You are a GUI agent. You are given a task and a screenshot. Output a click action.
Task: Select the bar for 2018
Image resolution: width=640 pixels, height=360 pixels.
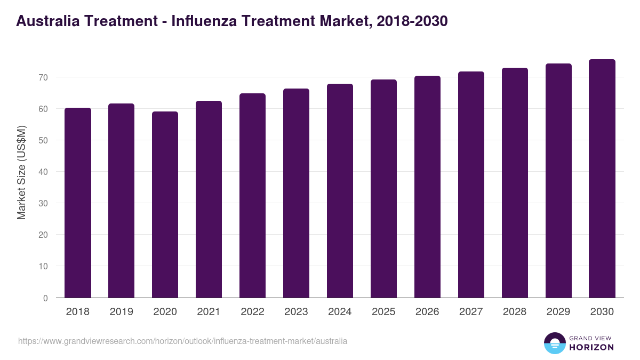[x=78, y=203]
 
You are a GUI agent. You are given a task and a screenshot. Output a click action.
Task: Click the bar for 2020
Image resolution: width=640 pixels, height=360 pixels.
[x=165, y=205]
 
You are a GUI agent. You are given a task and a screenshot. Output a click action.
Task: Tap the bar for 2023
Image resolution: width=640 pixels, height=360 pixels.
[x=297, y=193]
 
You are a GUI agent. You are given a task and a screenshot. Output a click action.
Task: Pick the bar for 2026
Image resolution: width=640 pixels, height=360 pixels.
[x=428, y=187]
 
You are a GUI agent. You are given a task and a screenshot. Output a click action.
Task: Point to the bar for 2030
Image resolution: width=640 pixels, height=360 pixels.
[x=602, y=179]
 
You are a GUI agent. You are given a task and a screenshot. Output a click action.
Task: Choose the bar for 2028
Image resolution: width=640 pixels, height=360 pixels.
[x=515, y=183]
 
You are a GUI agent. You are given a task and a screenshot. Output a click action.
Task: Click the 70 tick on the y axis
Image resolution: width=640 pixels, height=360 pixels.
[x=43, y=77]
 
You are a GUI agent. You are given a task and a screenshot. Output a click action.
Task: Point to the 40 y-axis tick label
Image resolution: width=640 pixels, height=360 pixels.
[x=43, y=172]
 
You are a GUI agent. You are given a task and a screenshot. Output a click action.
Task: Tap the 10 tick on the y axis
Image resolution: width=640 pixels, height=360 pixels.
[x=43, y=266]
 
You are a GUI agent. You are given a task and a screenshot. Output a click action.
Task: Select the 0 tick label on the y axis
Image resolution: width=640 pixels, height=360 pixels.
[x=45, y=298]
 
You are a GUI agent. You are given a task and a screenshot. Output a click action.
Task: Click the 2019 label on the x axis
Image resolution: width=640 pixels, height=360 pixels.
[x=122, y=312]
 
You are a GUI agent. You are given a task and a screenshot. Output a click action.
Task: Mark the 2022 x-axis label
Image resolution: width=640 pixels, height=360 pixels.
[x=253, y=312]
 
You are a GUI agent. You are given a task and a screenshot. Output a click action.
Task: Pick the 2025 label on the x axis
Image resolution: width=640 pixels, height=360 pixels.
[x=384, y=312]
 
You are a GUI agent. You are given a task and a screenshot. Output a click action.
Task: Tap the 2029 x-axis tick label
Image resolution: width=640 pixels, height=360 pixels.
[x=559, y=312]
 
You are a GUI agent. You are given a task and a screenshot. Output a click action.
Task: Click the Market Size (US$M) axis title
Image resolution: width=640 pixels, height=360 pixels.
[x=21, y=172]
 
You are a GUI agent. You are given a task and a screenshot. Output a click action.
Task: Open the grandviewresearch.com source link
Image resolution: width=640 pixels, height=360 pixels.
[x=182, y=341]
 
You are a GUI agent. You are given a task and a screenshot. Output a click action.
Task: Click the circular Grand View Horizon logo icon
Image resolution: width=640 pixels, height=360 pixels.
[x=554, y=343]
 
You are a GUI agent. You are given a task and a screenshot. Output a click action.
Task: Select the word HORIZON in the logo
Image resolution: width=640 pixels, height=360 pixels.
[x=591, y=347]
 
